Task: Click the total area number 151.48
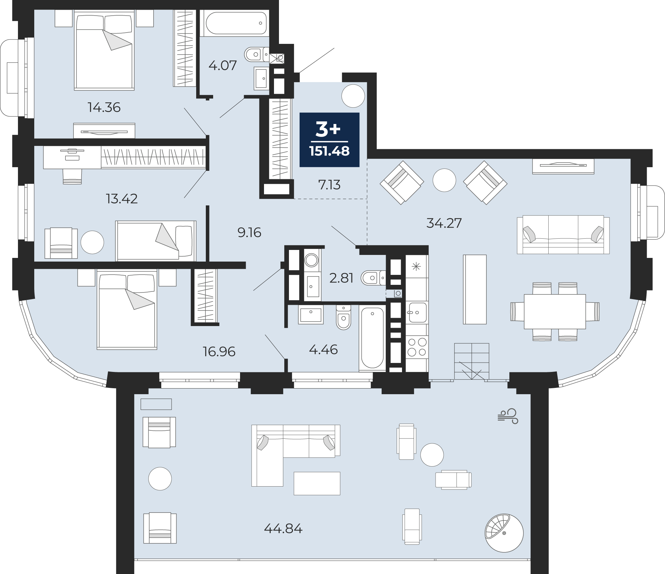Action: [x=329, y=151]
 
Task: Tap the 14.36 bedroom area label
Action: [x=104, y=107]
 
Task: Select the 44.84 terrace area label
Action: [x=283, y=528]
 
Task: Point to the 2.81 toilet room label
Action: [x=341, y=278]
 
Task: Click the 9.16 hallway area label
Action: [x=249, y=233]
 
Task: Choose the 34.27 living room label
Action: [x=444, y=223]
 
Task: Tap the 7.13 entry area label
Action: [x=329, y=185]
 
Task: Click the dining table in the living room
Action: [x=555, y=311]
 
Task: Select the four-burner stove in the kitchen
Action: [x=417, y=347]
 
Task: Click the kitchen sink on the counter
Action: [x=417, y=312]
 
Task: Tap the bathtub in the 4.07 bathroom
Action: [x=236, y=23]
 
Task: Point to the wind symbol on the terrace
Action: [x=508, y=416]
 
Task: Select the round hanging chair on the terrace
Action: [x=504, y=533]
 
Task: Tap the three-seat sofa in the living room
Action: [x=563, y=235]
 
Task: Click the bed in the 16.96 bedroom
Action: [x=127, y=310]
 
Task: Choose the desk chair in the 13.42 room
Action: [x=72, y=176]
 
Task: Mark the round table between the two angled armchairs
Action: [x=444, y=180]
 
